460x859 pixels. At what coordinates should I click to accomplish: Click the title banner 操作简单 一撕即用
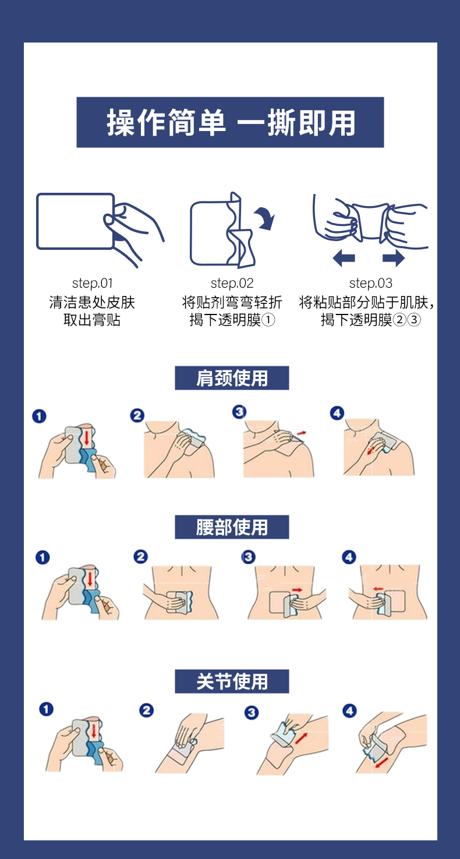coord(230,122)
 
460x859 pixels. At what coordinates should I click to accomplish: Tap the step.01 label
coord(93,284)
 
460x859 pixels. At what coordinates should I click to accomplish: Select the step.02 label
coord(232,284)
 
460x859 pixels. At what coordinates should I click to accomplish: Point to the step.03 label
coord(371,284)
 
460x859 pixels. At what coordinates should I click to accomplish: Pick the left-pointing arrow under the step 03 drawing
coord(344,257)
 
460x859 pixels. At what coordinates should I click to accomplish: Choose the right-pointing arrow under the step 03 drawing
coord(393,257)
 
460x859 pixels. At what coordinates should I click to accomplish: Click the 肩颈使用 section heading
coord(232,378)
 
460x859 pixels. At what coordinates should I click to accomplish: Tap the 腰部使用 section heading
coord(232,527)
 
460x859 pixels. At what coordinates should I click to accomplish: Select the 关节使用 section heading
coord(232,681)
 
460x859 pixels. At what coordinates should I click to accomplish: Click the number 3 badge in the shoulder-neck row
coord(239,412)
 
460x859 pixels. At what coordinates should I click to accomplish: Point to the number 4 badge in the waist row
coord(349,557)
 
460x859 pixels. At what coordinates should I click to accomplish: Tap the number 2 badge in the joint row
coord(146,710)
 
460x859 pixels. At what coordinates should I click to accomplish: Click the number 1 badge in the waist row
coord(43,557)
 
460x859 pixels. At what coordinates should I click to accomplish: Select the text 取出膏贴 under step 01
coord(92,320)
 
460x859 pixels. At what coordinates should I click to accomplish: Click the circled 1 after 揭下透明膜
coord(268,320)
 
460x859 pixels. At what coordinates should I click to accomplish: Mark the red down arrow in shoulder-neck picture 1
coord(87,437)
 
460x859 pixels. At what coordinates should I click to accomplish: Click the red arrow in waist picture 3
coord(297,590)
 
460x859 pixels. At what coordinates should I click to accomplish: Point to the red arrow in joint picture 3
coord(301,738)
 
